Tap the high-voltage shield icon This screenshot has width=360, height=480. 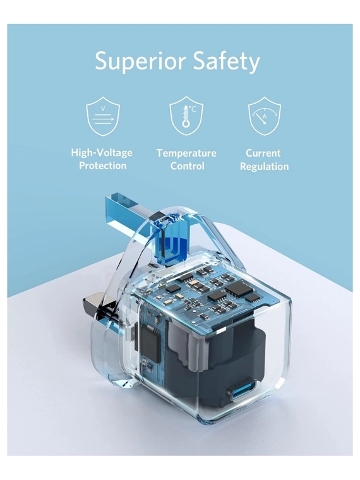coord(103,116)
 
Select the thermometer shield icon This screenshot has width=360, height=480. coord(186,116)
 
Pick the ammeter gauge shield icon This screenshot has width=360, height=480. coord(264,116)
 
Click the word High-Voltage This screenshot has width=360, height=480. coord(102,152)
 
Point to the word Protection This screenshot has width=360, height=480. coord(103,165)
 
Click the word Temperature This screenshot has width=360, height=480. coord(186,153)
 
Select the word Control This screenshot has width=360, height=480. coord(187,166)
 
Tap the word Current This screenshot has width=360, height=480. coord(263,153)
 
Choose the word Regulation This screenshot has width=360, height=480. coord(264,167)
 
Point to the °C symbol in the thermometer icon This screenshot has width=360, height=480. coord(192,109)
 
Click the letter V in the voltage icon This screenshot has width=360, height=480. coord(103,109)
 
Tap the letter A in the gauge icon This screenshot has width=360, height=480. coord(265,116)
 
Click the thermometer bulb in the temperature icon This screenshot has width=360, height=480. coord(186,124)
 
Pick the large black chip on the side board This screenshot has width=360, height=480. coord(150,344)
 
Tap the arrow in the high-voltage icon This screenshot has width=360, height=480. coord(104,119)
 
